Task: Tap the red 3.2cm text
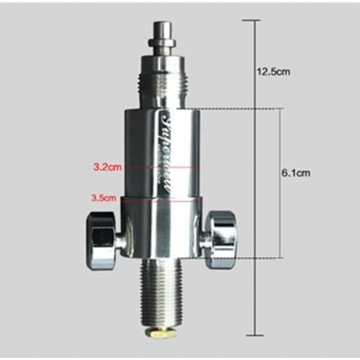106,166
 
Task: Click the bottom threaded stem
161,295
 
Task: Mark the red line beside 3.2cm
158,166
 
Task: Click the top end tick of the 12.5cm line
252,19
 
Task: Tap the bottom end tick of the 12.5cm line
252,336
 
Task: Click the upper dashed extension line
230,109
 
